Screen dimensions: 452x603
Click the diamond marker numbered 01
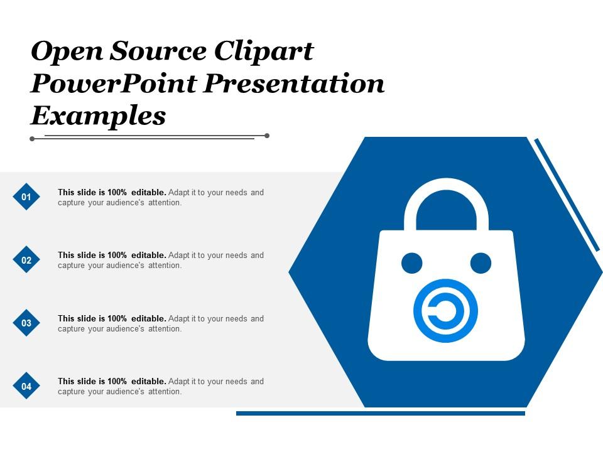pos(26,196)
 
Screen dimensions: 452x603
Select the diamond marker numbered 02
pos(26,260)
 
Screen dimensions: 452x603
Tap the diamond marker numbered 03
pos(26,323)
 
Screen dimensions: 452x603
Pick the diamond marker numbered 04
pos(26,386)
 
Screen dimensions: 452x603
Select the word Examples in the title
pos(98,116)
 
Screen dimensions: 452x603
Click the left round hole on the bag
pos(411,263)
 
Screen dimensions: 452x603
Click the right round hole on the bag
pos(481,263)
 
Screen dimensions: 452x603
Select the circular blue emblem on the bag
pos(445,311)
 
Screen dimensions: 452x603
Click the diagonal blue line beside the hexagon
pos(567,195)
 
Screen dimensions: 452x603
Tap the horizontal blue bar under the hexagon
pos(380,413)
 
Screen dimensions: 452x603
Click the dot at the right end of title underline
pos(267,135)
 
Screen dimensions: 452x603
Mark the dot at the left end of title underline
pos(32,139)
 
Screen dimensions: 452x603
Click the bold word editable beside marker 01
pos(149,193)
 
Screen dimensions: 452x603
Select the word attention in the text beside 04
pos(165,392)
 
